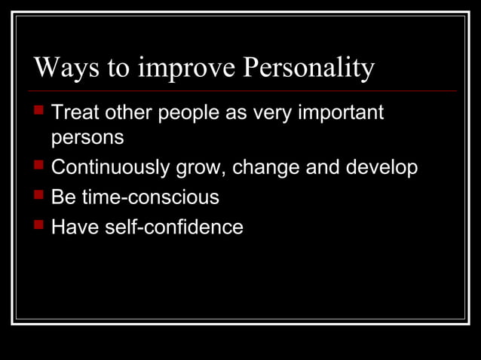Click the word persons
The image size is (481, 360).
(x=87, y=139)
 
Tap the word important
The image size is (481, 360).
(x=341, y=114)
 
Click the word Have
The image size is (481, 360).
(x=72, y=227)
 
